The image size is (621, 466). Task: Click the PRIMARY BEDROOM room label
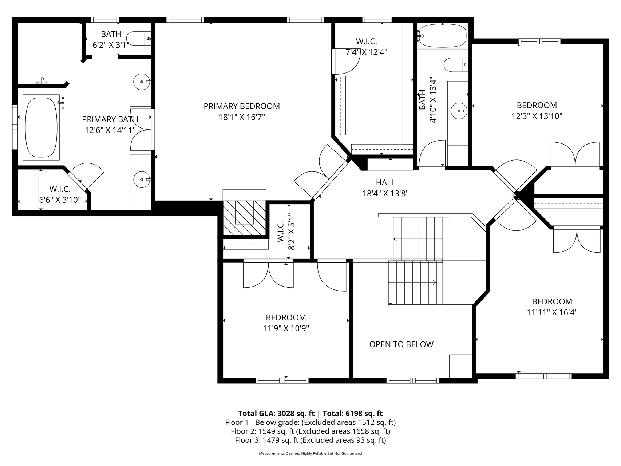point(242,106)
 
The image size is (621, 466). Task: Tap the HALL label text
point(385,182)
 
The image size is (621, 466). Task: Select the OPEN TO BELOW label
point(402,344)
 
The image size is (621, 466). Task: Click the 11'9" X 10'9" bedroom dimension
point(286,328)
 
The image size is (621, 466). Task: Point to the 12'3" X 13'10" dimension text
point(537,116)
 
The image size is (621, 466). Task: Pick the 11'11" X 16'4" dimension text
point(552,312)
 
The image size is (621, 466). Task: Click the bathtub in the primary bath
point(41,127)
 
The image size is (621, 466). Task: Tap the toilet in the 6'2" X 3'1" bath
point(139,38)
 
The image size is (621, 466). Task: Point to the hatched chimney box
point(244,218)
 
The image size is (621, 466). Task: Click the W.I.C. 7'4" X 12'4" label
point(366,47)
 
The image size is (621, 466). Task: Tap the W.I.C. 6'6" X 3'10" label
point(60,194)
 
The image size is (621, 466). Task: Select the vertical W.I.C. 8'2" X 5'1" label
point(286,232)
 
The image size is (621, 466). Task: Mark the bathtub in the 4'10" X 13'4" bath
point(442,36)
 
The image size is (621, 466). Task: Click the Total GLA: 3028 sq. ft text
point(276,414)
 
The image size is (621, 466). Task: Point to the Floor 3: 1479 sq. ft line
point(310,440)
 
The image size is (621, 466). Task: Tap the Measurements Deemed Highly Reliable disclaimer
point(310,454)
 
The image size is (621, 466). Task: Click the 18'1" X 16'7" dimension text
point(242,117)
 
